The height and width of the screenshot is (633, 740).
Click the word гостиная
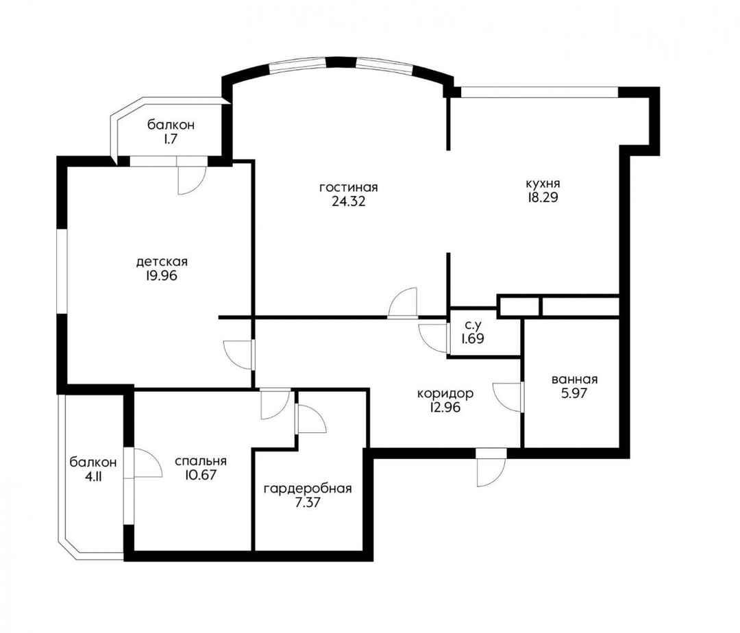click(349, 188)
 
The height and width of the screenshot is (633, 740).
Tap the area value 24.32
click(349, 202)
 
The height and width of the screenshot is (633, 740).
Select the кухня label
click(543, 183)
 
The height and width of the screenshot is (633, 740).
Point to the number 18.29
click(543, 197)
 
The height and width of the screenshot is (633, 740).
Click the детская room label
click(162, 261)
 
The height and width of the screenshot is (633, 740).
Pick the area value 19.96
click(162, 275)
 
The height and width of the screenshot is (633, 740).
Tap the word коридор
click(445, 393)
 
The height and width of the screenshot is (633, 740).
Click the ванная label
click(574, 380)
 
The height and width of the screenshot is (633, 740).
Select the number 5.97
click(574, 393)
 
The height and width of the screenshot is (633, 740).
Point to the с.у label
click(472, 325)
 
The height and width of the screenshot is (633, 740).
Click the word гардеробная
click(308, 488)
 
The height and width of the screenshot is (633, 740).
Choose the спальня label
click(201, 461)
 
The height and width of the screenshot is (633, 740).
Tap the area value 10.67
click(201, 475)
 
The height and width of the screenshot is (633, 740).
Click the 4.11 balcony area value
click(93, 476)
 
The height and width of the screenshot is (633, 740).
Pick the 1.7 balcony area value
click(171, 139)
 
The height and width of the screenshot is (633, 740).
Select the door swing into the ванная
click(507, 397)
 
